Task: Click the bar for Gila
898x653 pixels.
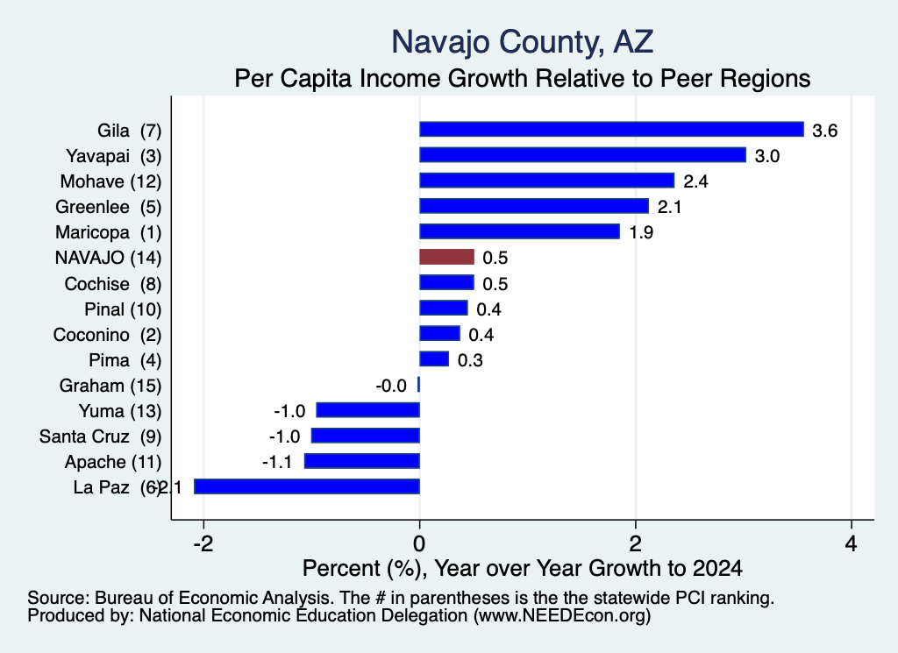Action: click(x=611, y=130)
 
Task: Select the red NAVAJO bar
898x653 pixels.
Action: click(x=446, y=257)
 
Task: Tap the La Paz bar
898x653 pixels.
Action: click(x=307, y=486)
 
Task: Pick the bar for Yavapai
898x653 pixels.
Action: click(x=583, y=155)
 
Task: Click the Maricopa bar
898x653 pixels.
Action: click(x=519, y=231)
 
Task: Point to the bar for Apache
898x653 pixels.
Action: click(x=362, y=461)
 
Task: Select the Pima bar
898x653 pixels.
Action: click(x=434, y=359)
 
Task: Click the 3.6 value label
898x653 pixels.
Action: click(x=824, y=131)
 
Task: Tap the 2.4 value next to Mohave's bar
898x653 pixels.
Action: click(x=695, y=181)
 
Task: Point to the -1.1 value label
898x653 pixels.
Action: click(x=276, y=461)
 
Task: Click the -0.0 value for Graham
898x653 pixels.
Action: click(x=391, y=386)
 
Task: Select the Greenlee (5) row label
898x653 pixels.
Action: click(x=108, y=207)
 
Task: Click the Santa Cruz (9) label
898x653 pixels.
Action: click(x=100, y=437)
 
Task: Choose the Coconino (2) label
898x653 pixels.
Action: click(x=107, y=335)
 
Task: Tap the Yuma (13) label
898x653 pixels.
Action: click(x=120, y=411)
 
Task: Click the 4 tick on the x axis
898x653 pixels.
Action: click(x=852, y=543)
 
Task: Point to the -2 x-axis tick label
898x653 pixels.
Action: click(x=203, y=543)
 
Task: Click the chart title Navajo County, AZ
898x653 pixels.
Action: click(x=523, y=42)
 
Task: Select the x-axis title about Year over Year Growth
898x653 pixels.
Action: click(x=523, y=568)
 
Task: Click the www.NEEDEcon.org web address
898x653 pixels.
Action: click(x=562, y=616)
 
